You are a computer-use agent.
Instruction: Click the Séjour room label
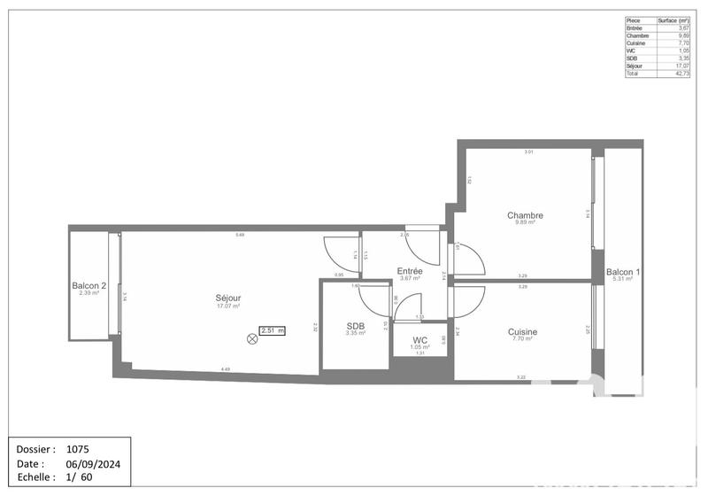pos(227,298)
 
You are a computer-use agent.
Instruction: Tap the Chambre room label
pos(525,215)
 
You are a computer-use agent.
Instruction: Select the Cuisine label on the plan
pos(522,332)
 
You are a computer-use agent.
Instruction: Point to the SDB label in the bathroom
pos(356,326)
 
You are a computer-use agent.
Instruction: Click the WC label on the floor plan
pos(420,340)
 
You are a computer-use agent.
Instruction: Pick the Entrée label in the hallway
pos(409,271)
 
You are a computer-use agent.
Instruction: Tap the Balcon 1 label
pos(623,272)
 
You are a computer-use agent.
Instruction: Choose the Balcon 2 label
pos(89,285)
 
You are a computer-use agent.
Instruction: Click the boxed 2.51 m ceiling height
pos(273,331)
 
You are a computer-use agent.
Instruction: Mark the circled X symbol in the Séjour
pos(252,337)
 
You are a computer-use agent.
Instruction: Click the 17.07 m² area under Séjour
pos(227,306)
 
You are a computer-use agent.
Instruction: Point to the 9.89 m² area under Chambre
pos(525,223)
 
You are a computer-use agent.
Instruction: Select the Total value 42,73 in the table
pos(681,74)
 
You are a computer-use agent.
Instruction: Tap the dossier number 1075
pos(78,450)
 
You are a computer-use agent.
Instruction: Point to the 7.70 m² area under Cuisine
pos(522,340)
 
